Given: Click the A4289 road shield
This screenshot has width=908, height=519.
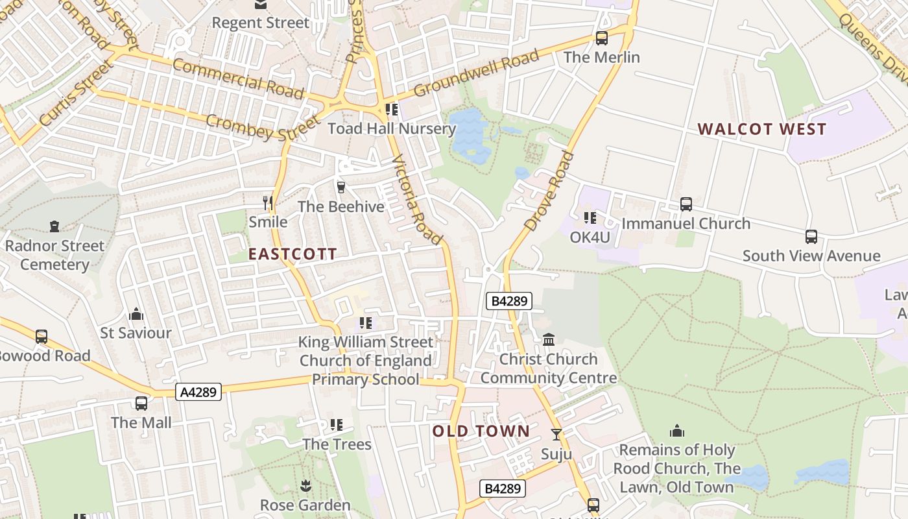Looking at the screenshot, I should pos(198,392).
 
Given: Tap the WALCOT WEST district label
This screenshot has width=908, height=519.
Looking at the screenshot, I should pos(762,129).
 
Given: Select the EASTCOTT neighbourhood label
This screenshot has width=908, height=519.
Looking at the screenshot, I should pos(293,254).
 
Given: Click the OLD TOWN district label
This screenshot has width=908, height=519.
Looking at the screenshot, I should pos(481,431).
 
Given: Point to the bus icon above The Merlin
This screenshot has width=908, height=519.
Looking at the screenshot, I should pos(602,38).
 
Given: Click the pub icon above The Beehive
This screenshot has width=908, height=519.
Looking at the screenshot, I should pos(340,187).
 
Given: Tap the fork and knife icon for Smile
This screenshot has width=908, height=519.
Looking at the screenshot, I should pos(268,202).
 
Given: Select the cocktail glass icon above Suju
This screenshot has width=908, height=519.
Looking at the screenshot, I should pos(556,435).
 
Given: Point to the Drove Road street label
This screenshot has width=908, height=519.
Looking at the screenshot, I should pos(549,191).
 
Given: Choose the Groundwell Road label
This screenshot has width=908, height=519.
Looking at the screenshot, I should pos(476,73).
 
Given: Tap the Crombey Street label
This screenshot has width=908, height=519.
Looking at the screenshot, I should pos(263,128).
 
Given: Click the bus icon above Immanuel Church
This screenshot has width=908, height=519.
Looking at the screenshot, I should pos(686,204).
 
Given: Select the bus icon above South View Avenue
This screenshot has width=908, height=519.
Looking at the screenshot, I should pos(811,237).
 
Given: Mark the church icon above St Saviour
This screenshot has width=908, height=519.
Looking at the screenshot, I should pos(136,314).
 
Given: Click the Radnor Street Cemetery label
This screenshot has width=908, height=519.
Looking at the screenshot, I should pos(54,255).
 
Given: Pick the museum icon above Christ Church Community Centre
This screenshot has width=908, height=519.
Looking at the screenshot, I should pos(549,339).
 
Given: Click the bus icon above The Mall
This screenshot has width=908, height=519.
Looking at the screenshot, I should pos(141,404).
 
